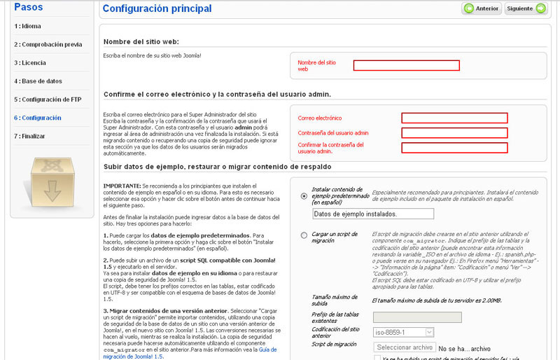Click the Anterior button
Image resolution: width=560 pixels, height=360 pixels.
pyautogui.click(x=481, y=8)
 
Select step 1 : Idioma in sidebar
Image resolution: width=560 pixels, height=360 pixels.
pyautogui.click(x=29, y=27)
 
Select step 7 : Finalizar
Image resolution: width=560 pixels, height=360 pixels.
pyautogui.click(x=30, y=136)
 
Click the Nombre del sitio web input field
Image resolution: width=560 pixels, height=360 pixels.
pyautogui.click(x=406, y=65)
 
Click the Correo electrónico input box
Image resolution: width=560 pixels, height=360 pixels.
pyautogui.click(x=454, y=118)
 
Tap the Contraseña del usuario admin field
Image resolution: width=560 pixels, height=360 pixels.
pyautogui.click(x=454, y=132)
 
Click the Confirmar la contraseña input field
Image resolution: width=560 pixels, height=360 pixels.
pyautogui.click(x=454, y=147)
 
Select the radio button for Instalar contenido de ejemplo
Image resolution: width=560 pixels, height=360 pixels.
pyautogui.click(x=303, y=196)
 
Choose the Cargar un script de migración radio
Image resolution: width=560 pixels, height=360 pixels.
pyautogui.click(x=303, y=235)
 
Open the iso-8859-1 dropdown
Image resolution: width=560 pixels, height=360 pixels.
pyautogui.click(x=404, y=332)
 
